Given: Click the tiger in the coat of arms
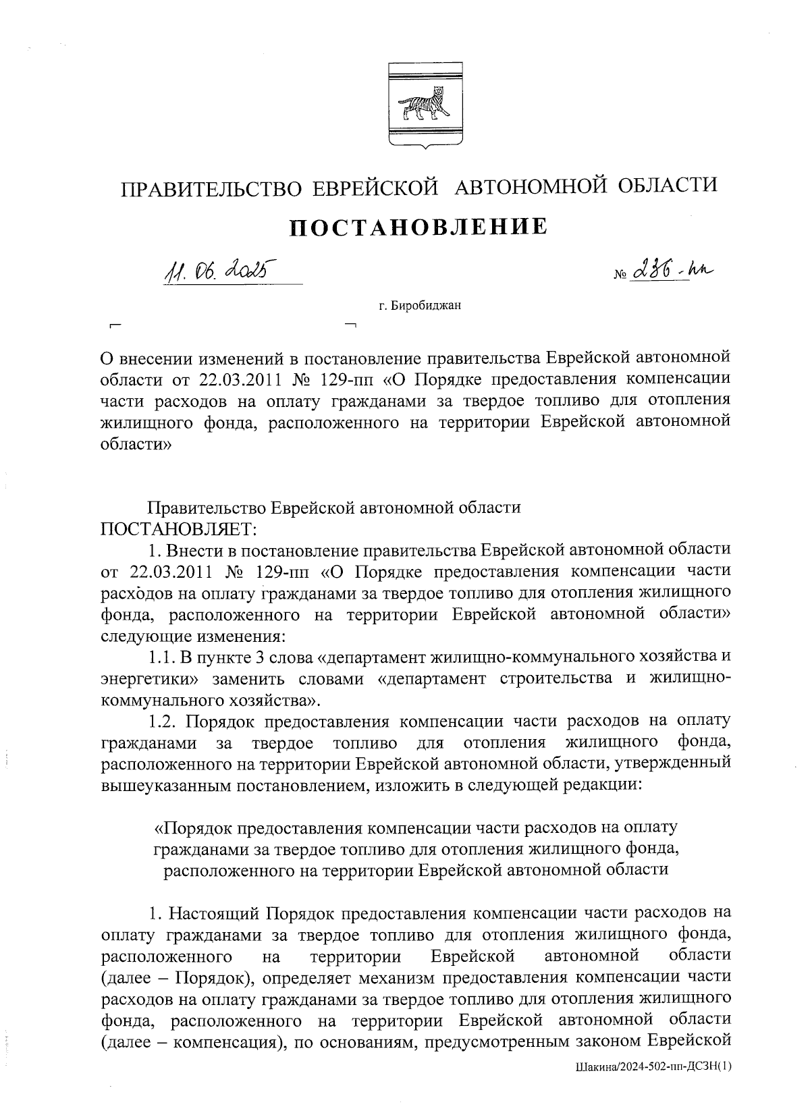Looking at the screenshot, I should (x=425, y=106).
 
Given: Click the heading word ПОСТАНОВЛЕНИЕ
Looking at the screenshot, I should (x=418, y=227).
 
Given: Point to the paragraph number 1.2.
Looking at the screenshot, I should (x=164, y=722).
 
